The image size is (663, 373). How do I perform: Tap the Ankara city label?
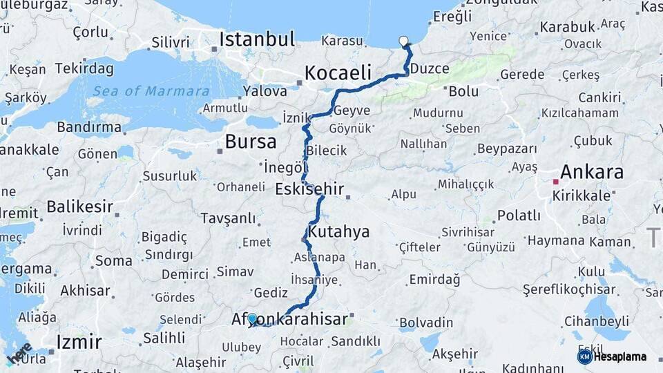[x=592, y=171]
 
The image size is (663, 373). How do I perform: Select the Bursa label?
[x=251, y=142]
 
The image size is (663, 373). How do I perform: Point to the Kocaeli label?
[x=338, y=73]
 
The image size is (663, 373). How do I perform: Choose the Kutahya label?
[x=339, y=231]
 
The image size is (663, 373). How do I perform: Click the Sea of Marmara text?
[x=151, y=91]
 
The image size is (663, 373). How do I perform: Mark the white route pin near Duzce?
[x=404, y=41]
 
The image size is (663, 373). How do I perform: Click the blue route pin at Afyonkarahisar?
[x=253, y=318]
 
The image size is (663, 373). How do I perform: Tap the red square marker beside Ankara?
[x=555, y=182]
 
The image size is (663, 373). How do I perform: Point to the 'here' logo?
[x=19, y=353]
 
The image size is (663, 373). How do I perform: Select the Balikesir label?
[x=79, y=206]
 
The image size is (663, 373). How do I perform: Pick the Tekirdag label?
[x=84, y=68]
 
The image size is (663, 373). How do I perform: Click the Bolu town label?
[x=463, y=90]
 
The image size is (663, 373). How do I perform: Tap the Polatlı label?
[x=519, y=215]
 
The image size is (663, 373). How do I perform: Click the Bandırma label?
[x=89, y=127]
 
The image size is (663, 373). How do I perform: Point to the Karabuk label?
[x=567, y=27]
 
